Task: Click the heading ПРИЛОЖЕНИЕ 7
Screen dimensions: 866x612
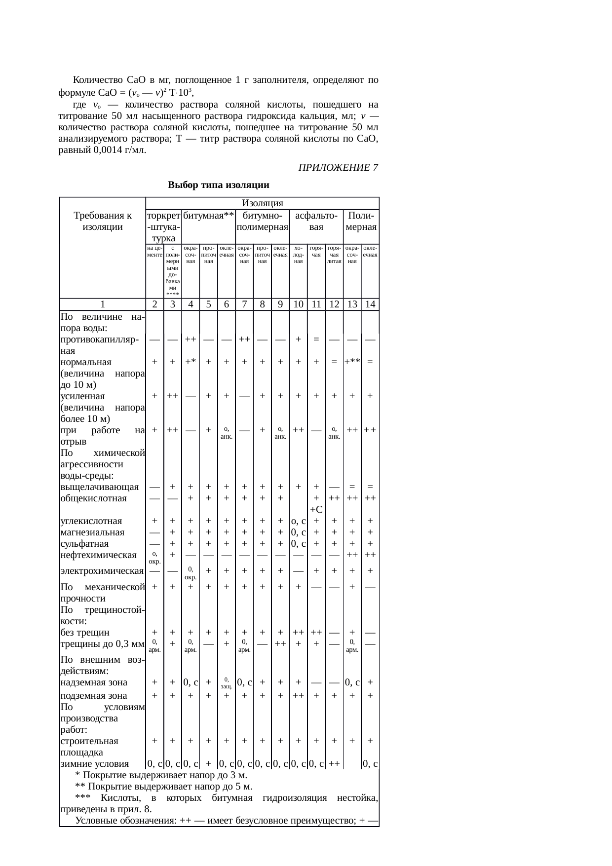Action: (x=338, y=168)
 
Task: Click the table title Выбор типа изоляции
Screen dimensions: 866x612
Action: (x=218, y=186)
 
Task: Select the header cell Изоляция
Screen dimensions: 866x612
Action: (x=262, y=203)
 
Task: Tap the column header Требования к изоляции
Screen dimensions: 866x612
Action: (x=102, y=222)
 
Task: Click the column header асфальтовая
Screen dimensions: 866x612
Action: (x=316, y=222)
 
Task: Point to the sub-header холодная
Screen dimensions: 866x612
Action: (x=298, y=255)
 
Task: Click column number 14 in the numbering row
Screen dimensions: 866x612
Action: (x=370, y=304)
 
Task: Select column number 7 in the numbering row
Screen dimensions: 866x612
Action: (x=244, y=304)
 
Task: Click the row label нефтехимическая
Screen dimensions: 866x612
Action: (x=98, y=555)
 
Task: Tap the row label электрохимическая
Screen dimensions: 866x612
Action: (x=102, y=571)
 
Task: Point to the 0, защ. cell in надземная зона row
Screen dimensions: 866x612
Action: (x=226, y=683)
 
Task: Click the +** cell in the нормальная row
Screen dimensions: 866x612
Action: (x=351, y=362)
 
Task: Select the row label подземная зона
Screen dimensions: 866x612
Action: (x=93, y=696)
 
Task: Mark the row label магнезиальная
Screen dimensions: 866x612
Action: (x=92, y=532)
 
